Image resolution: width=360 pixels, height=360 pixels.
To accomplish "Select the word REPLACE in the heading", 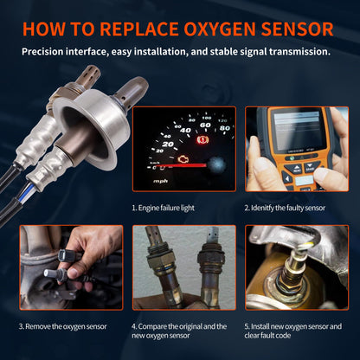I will [138, 28].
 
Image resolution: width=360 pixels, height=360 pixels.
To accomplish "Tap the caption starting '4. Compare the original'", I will [180, 331].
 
